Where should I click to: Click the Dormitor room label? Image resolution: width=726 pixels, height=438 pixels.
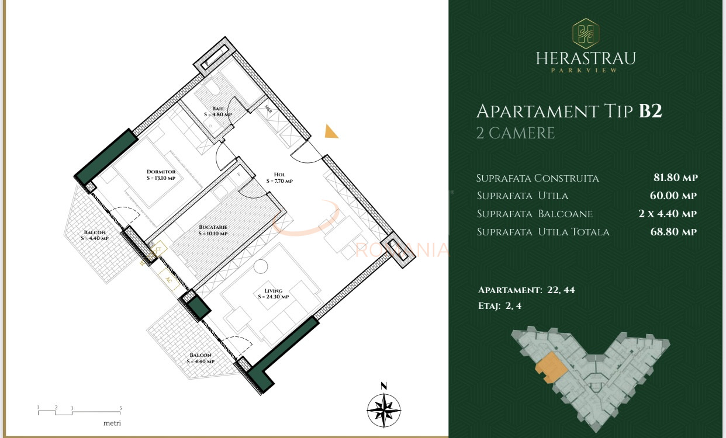pyautogui.click(x=161, y=175)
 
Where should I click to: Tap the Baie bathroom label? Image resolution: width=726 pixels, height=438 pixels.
pyautogui.click(x=218, y=112)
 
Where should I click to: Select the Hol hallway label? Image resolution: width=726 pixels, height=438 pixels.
pyautogui.click(x=279, y=178)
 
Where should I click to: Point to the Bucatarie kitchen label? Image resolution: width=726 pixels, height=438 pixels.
pyautogui.click(x=212, y=230)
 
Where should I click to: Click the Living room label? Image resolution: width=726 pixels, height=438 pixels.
pyautogui.click(x=273, y=293)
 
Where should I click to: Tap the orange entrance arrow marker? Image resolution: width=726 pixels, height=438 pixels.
pyautogui.click(x=331, y=132)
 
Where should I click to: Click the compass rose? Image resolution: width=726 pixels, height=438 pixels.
pyautogui.click(x=383, y=409)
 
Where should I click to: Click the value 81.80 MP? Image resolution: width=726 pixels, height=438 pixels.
pyautogui.click(x=675, y=178)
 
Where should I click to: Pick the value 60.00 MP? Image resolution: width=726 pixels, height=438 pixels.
pyautogui.click(x=675, y=196)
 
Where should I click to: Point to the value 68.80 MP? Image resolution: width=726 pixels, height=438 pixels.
pyautogui.click(x=675, y=232)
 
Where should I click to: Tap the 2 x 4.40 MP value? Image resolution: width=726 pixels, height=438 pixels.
pyautogui.click(x=668, y=214)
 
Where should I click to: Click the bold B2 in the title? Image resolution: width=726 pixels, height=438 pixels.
pyautogui.click(x=650, y=111)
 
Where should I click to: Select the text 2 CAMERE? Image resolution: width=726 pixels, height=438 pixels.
pyautogui.click(x=515, y=133)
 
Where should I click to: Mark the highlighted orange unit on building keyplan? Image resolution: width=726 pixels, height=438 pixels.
pyautogui.click(x=550, y=367)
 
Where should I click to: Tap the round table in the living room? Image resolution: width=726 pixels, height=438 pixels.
pyautogui.click(x=260, y=267)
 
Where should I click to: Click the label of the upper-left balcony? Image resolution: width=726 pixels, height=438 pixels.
pyautogui.click(x=95, y=235)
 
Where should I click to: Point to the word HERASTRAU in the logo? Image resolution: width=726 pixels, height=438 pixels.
pyautogui.click(x=585, y=58)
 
